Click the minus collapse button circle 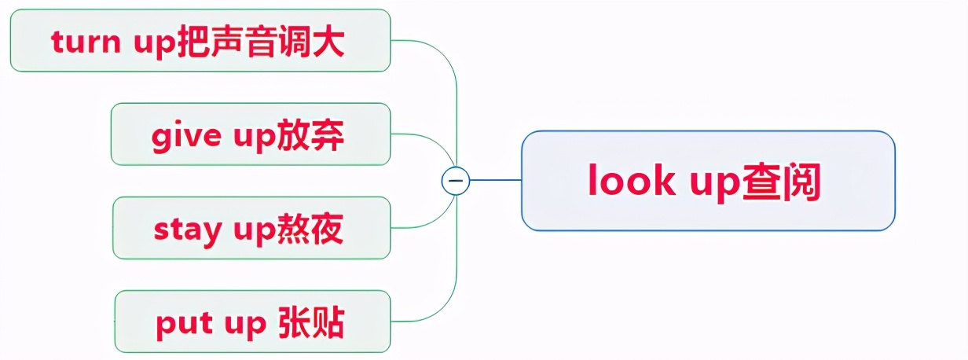pyautogui.click(x=456, y=181)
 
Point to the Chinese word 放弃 pyautogui.click(x=311, y=135)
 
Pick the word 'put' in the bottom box pyautogui.click(x=180, y=323)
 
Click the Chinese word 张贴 pyautogui.click(x=312, y=322)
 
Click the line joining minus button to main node pyautogui.click(x=495, y=181)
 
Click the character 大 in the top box pyautogui.click(x=330, y=42)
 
